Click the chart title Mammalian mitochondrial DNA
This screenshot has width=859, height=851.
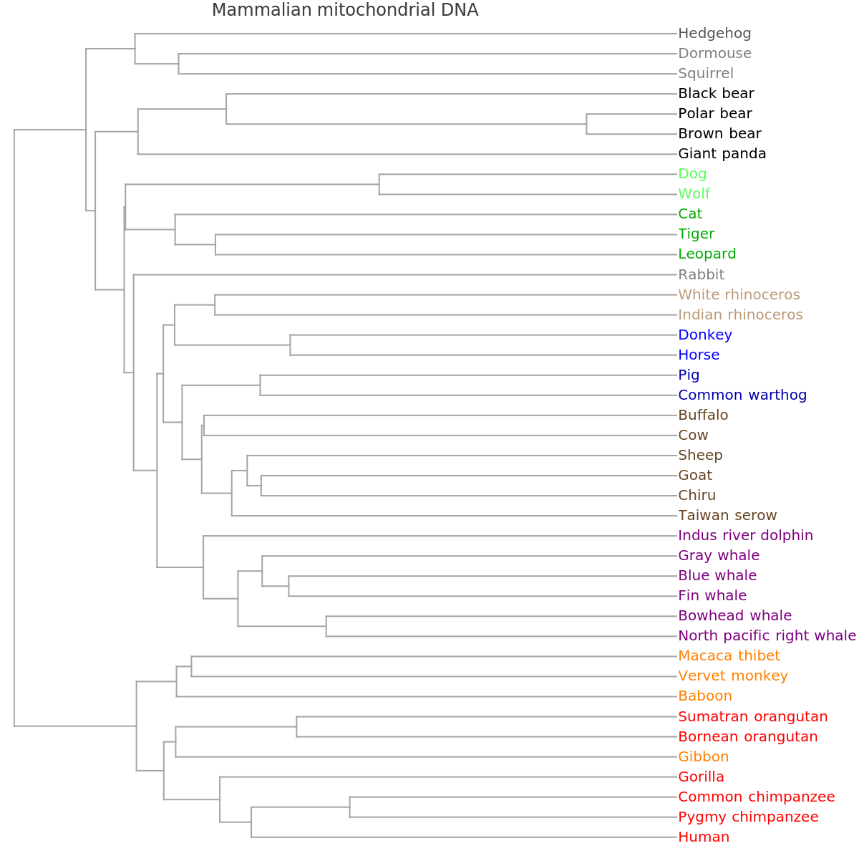tap(345, 10)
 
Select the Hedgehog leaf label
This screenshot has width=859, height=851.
tap(714, 33)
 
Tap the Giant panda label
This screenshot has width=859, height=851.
tap(722, 153)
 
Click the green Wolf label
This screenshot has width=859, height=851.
tap(694, 193)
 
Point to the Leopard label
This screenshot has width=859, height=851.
tap(707, 254)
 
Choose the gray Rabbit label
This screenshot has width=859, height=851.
tap(702, 274)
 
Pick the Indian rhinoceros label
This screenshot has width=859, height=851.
tap(740, 314)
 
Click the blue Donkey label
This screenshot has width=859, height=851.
tap(705, 335)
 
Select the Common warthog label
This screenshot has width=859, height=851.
tap(742, 395)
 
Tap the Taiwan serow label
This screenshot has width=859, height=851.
tap(727, 515)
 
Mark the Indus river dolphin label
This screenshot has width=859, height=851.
tap(745, 535)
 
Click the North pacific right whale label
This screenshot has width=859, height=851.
tap(767, 635)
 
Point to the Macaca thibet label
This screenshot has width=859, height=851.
tap(729, 655)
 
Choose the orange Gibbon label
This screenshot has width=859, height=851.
tap(703, 756)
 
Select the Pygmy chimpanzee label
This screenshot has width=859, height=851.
tap(748, 817)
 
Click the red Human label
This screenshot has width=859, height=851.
tap(704, 837)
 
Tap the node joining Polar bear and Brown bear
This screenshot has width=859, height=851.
tap(587, 124)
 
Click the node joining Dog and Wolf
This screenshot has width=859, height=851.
tap(379, 184)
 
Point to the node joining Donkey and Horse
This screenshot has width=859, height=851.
tap(291, 345)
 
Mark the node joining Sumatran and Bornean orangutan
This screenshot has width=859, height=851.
tap(297, 726)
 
